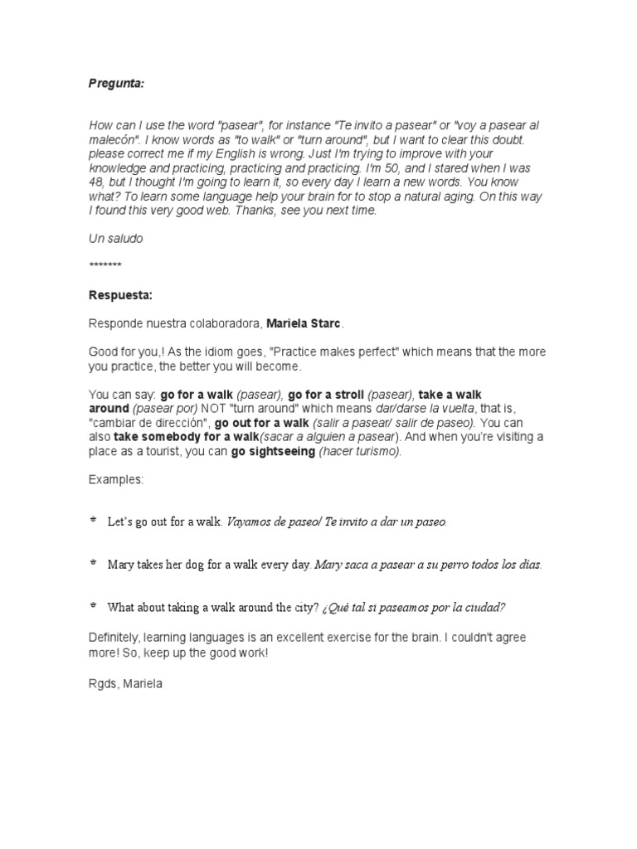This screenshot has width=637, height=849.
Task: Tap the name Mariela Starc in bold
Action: (304, 323)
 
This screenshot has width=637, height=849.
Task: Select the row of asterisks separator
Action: (105, 265)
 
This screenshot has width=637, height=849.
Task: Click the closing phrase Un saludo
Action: (115, 238)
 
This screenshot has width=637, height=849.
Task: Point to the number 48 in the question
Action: (96, 182)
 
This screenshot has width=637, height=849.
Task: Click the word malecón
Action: (112, 138)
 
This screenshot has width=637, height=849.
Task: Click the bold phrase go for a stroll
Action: (326, 395)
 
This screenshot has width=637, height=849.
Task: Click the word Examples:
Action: (116, 480)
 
